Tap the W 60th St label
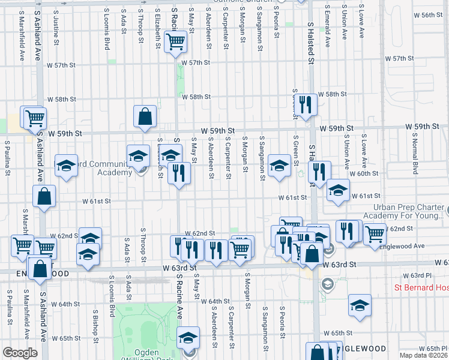tap(366, 173)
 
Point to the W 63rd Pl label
tap(414, 275)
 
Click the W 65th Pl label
tap(430, 348)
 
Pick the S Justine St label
tap(56, 25)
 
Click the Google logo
tap(20, 353)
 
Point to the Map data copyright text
tap(424, 355)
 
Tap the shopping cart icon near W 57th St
tap(175, 42)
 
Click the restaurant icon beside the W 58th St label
tap(307, 105)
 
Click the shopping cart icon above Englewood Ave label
tap(375, 232)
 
